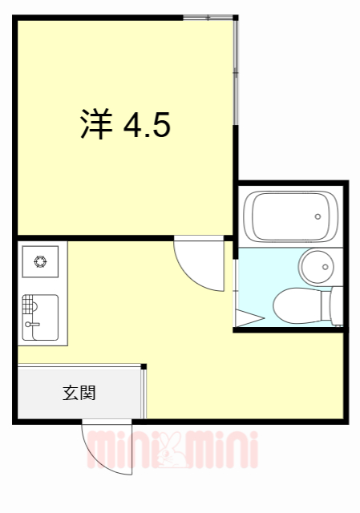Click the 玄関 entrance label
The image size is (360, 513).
tap(80, 393)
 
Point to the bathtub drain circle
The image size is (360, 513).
tap(318, 216)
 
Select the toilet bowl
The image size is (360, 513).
tap(297, 305)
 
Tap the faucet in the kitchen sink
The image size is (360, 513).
tap(32, 325)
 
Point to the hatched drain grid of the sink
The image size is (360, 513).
tap(30, 305)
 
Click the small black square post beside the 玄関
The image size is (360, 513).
tap(144, 367)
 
